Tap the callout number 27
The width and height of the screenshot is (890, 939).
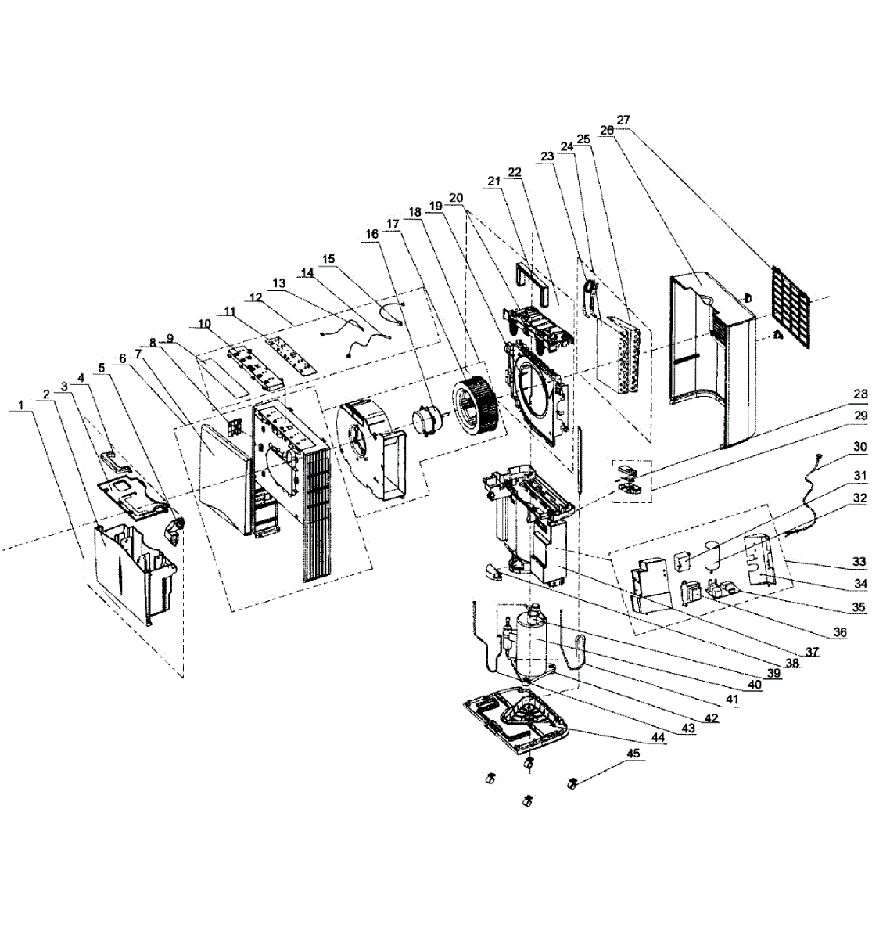[x=623, y=120]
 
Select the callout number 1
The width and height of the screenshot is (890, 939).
[x=20, y=405]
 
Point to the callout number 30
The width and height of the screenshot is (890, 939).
[x=859, y=447]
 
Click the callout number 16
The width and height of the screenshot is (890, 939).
[x=371, y=234]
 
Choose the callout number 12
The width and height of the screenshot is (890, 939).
[x=256, y=297]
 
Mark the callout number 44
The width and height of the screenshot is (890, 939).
[x=658, y=737]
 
